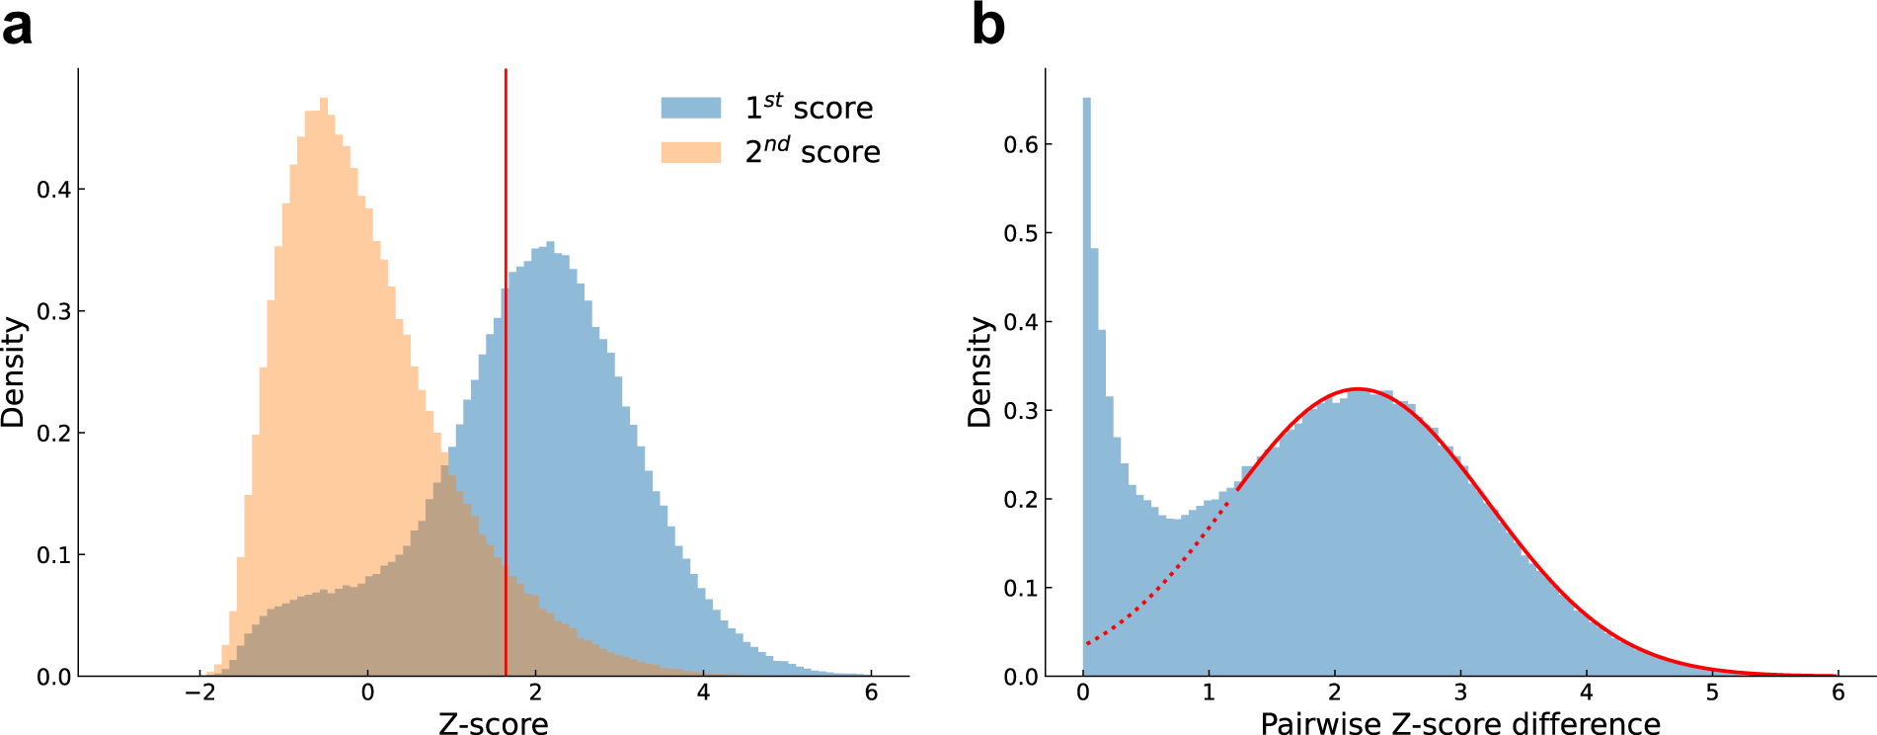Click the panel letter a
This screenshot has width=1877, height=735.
click(17, 25)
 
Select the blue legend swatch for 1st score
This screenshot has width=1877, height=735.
click(690, 108)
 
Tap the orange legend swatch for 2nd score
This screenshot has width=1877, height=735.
click(690, 152)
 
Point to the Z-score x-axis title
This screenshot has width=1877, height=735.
click(493, 723)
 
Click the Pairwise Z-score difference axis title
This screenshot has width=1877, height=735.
click(1459, 723)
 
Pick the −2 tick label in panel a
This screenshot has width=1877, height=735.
click(199, 693)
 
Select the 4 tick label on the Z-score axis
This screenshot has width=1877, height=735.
click(703, 693)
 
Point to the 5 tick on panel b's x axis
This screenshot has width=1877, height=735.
click(1712, 693)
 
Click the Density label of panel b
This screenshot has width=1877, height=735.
click(978, 371)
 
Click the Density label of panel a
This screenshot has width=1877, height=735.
click(13, 371)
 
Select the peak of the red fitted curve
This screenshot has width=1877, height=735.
click(1358, 389)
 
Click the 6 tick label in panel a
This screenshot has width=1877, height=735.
click(871, 693)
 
